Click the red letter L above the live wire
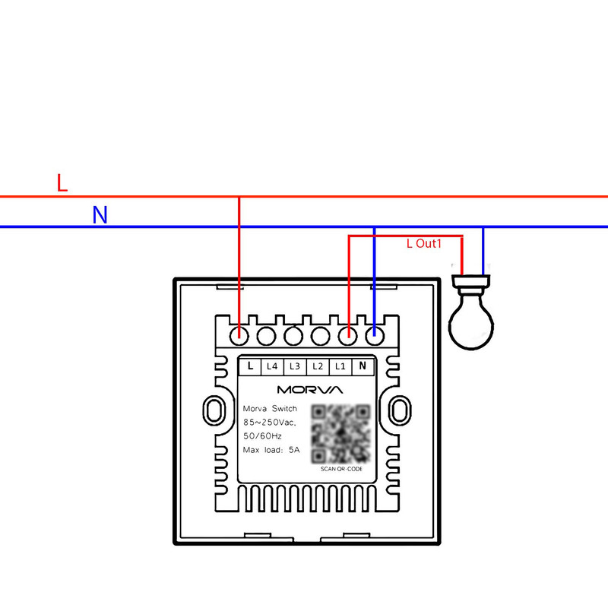[x=62, y=182]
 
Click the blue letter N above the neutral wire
[x=100, y=215]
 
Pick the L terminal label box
[x=250, y=366]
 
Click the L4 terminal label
[x=272, y=366]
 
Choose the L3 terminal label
[x=295, y=366]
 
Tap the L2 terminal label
[x=318, y=366]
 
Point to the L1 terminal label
[x=340, y=366]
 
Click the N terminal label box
[x=363, y=366]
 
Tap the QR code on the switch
[x=340, y=432]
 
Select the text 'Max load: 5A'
[x=271, y=450]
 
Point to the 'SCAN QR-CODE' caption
[x=341, y=469]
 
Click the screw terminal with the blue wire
[x=374, y=333]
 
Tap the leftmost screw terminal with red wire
[x=240, y=333]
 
